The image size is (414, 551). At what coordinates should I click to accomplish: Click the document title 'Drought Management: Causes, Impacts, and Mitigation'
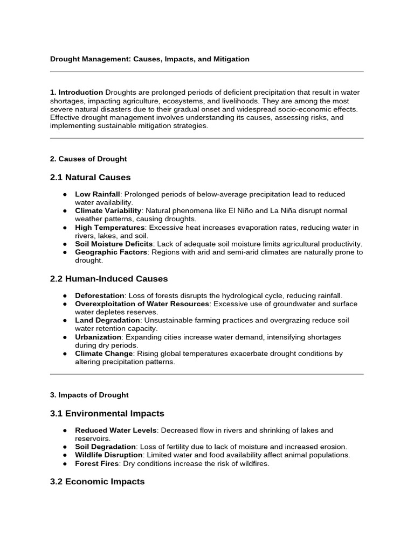pyautogui.click(x=149, y=59)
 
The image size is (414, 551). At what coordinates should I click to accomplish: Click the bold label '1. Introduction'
pyautogui.click(x=77, y=93)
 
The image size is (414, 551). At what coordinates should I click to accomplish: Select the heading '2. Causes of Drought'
pyautogui.click(x=88, y=159)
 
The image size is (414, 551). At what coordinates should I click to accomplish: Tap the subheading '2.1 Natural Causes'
pyautogui.click(x=90, y=178)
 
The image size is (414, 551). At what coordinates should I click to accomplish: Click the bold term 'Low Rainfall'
pyautogui.click(x=96, y=194)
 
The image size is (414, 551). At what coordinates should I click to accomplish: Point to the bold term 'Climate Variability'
pyautogui.click(x=108, y=210)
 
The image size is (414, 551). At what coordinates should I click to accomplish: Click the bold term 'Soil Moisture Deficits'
pyautogui.click(x=114, y=244)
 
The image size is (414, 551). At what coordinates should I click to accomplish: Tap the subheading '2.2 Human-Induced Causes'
pyautogui.click(x=109, y=279)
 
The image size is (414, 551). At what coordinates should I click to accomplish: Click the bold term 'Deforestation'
pyautogui.click(x=100, y=295)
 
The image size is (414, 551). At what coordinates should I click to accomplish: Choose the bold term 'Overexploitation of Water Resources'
pyautogui.click(x=142, y=304)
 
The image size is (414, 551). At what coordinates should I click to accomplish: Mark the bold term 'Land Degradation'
pyautogui.click(x=106, y=320)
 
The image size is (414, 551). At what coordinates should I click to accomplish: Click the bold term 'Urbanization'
pyautogui.click(x=98, y=337)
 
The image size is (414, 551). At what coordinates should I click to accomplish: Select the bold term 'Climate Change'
pyautogui.click(x=103, y=354)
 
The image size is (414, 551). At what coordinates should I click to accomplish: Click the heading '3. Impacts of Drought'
pyautogui.click(x=89, y=395)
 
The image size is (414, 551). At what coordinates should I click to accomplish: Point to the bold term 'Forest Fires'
pyautogui.click(x=96, y=463)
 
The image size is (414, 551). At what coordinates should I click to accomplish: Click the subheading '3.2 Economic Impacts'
pyautogui.click(x=98, y=482)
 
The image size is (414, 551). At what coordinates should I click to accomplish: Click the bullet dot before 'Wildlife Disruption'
pyautogui.click(x=65, y=455)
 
